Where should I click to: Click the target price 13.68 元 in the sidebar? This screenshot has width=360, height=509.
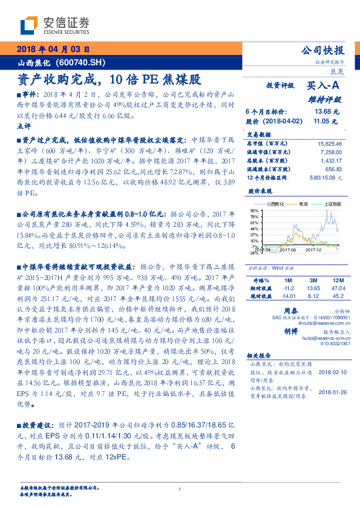tap(327, 112)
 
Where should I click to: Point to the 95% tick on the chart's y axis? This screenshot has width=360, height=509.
tap(255, 210)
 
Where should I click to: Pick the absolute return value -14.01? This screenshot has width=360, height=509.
tap(286, 296)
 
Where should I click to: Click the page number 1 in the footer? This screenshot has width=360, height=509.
tap(180, 489)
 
